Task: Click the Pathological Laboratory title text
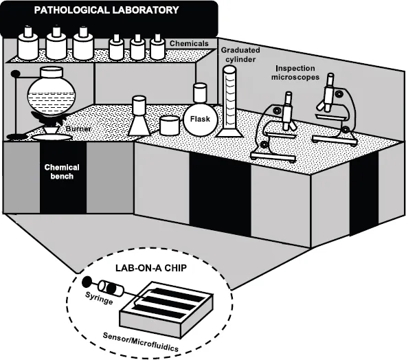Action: coord(106,10)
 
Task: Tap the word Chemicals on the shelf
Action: coord(189,43)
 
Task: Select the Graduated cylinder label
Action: coord(240,55)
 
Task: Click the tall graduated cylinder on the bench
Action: coord(229,102)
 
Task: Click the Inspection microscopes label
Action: coord(295,73)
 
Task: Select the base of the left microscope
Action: coord(273,157)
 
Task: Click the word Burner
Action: coord(78,128)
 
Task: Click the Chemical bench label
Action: coord(62,172)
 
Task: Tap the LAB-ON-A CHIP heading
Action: coord(151,268)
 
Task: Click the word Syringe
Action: coord(99,297)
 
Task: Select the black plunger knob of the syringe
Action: coord(87,281)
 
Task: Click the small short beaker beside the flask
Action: coord(170,126)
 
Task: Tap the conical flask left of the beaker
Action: coord(139,115)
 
